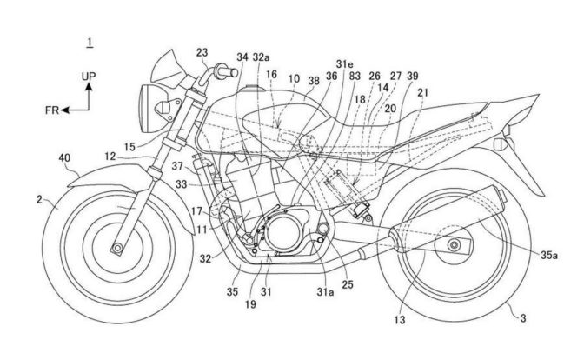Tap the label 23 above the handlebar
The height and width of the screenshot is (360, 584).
coord(202,51)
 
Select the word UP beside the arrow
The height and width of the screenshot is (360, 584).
coord(89,77)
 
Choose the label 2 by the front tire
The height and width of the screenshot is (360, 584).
coord(38,201)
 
